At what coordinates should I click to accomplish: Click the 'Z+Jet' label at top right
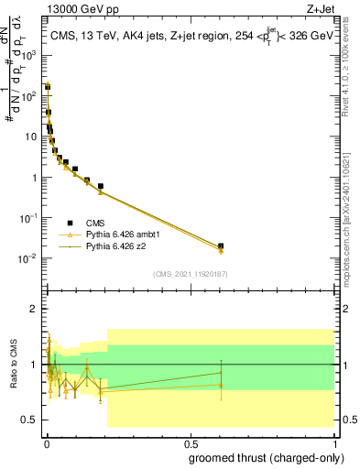tap(320, 8)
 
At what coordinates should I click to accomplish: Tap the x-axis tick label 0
tap(46, 443)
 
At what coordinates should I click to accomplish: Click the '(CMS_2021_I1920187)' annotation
tap(190, 273)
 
